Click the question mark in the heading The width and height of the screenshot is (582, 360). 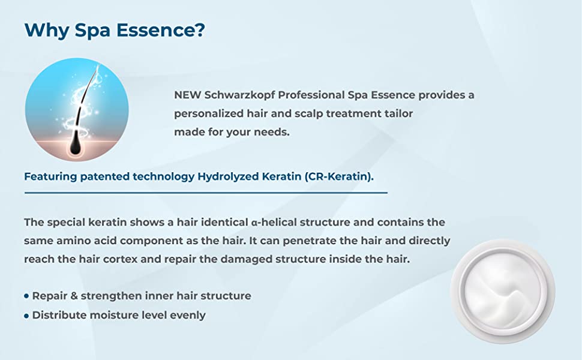200,29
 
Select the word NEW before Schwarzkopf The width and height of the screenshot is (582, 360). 187,95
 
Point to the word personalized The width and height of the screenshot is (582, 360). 209,114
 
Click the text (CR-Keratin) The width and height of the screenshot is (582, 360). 339,176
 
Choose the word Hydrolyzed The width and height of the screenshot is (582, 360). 228,176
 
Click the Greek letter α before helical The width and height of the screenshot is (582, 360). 254,223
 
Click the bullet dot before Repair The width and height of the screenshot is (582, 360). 26,296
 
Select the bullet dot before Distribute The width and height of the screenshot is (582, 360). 26,316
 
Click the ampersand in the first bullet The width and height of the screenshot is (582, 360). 74,296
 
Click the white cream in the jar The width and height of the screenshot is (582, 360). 503,292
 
